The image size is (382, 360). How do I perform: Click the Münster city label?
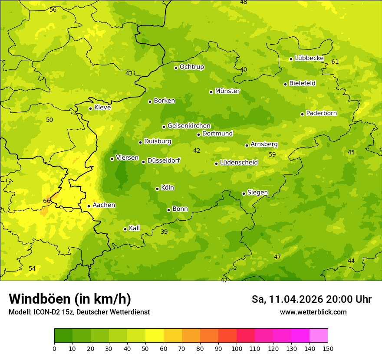227,91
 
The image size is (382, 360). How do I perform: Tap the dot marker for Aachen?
89,206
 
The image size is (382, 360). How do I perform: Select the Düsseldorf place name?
163,160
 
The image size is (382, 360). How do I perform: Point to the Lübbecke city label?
309,58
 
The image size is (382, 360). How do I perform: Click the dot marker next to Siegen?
244,193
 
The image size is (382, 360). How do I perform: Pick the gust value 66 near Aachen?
47,201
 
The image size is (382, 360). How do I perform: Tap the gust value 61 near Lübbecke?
335,62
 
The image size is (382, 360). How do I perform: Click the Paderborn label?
321,113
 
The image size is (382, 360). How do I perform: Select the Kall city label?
135,228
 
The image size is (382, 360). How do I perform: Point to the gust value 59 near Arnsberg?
272,154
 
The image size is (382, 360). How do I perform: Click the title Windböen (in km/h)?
70,299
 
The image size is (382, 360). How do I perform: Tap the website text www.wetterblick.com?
313,312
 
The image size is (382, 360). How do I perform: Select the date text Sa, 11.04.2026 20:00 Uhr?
311,299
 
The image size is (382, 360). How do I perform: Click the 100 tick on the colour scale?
237,348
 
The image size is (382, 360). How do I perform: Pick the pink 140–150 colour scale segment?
319,336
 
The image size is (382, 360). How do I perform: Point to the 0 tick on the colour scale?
54,348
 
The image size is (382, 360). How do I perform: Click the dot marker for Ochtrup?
176,67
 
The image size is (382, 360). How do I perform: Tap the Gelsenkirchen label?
189,126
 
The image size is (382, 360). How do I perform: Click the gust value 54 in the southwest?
32,268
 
